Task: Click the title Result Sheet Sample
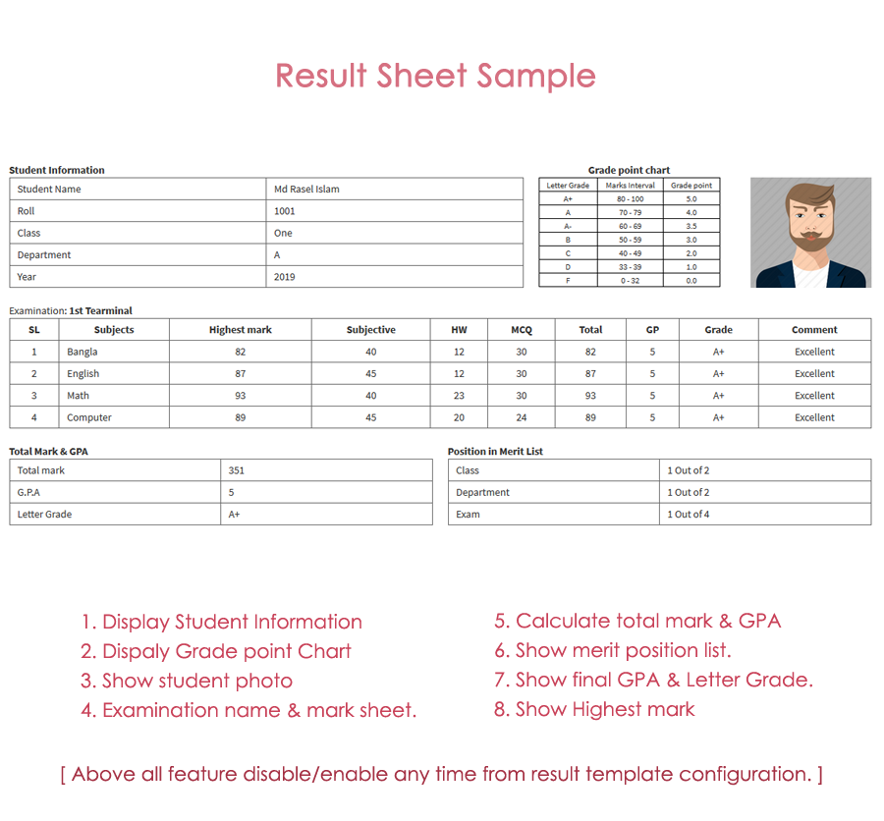435,76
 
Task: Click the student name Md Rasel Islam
306,189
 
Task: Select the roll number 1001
284,211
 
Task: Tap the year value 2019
284,277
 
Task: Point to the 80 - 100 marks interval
630,199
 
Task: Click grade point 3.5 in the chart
691,226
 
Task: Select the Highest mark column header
240,330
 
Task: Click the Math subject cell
78,396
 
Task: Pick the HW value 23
459,396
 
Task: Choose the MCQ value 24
521,417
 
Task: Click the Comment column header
814,330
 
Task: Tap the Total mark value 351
236,470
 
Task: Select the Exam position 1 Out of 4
688,515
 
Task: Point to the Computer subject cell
88,417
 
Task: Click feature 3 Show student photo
187,681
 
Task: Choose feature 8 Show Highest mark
594,709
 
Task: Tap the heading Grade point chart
629,170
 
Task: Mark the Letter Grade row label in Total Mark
44,515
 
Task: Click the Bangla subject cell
82,352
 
